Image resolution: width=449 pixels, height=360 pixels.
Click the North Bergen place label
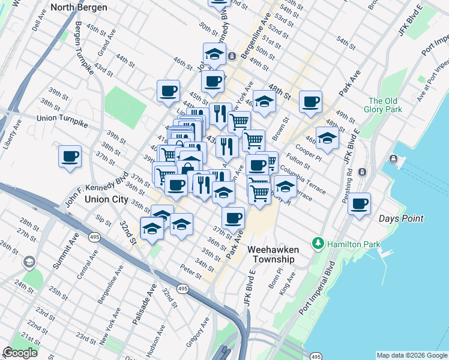(x=79, y=8)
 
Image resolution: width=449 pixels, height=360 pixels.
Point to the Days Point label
(x=402, y=219)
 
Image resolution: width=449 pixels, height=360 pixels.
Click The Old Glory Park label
(x=384, y=105)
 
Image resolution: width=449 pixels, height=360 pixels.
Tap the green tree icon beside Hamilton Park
(x=318, y=244)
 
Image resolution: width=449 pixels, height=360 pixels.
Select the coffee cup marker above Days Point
(x=360, y=203)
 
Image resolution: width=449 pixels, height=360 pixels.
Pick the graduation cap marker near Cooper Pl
(x=327, y=138)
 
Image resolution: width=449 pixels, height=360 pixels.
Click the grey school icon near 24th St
(x=29, y=262)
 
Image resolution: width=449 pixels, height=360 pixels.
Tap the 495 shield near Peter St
(x=183, y=289)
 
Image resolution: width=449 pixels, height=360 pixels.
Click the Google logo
(x=20, y=353)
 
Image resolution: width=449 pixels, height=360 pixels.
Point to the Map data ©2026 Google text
(x=412, y=355)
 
